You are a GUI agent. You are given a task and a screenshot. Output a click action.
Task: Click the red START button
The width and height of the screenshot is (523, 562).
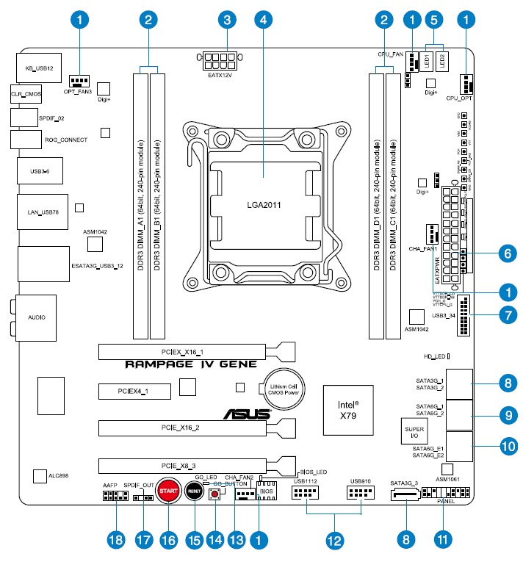click(x=169, y=490)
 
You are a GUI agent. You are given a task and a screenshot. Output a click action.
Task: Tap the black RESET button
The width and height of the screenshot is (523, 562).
click(x=194, y=490)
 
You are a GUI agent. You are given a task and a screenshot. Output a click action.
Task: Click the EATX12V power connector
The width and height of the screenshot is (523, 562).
click(x=218, y=57)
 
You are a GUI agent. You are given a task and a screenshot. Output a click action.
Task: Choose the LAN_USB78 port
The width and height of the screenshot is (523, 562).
click(x=40, y=213)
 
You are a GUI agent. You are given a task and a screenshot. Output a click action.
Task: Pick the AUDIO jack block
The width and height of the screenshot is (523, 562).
click(x=35, y=317)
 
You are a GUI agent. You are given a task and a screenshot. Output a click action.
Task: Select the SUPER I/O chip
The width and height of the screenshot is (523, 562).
click(x=410, y=431)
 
